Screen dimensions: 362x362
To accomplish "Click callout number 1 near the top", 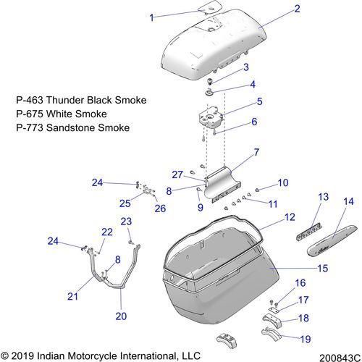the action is click(151, 17).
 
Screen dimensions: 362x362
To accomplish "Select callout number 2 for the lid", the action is click(297, 9).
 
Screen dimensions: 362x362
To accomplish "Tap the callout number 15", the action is click(323, 268).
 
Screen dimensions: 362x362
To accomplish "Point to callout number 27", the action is click(177, 174).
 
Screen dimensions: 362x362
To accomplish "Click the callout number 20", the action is click(121, 316).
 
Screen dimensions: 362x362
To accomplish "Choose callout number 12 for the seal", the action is click(290, 217).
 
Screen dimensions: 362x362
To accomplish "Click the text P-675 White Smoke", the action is click(62, 114).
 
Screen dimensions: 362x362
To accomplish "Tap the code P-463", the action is click(30, 100).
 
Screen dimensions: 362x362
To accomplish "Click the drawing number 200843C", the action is click(340, 358).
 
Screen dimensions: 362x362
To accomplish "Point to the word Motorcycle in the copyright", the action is click(92, 356).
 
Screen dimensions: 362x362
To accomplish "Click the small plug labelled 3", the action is click(210, 81).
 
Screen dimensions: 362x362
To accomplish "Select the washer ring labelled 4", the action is click(209, 92).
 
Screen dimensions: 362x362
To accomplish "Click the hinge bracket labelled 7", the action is click(222, 185).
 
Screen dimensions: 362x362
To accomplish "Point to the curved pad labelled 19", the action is click(272, 332).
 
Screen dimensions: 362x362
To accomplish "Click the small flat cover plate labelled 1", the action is click(210, 7).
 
